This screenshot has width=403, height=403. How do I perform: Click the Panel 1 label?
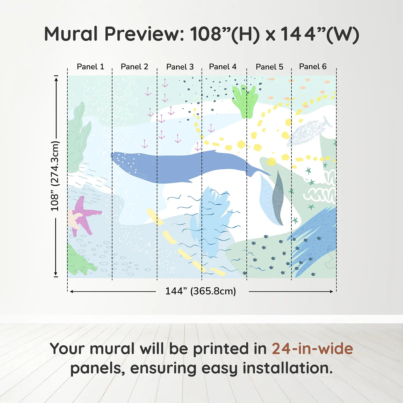pyautogui.click(x=90, y=67)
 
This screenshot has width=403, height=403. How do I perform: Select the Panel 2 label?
pyautogui.click(x=134, y=67)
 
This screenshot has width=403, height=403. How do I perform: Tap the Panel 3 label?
pyautogui.click(x=180, y=67)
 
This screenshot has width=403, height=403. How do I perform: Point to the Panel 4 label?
pyautogui.click(x=223, y=67)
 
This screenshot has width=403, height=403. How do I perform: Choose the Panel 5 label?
pyautogui.click(x=269, y=67)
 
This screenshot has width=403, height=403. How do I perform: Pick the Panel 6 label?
pyautogui.click(x=313, y=67)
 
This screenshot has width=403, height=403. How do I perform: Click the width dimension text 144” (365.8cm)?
pyautogui.click(x=200, y=291)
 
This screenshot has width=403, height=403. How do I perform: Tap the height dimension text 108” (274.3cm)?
pyautogui.click(x=55, y=176)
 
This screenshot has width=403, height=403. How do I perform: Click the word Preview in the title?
pyautogui.click(x=144, y=34)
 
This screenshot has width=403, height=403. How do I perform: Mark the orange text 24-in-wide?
pyautogui.click(x=312, y=349)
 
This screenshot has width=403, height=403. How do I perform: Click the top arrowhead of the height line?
pyautogui.click(x=56, y=79)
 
